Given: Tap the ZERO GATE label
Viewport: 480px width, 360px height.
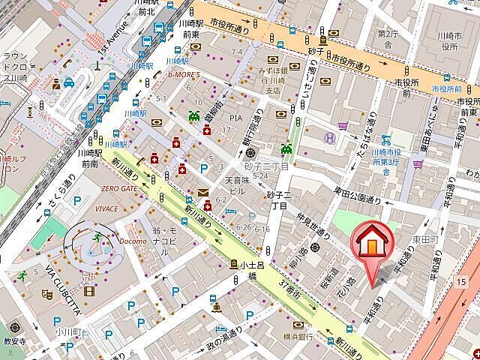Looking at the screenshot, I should pyautogui.click(x=119, y=189).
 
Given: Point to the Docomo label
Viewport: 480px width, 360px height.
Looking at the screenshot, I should pyautogui.click(x=132, y=241).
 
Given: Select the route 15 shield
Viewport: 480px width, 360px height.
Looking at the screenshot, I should pyautogui.click(x=459, y=281).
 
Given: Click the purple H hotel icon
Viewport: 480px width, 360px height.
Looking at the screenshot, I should pyautogui.click(x=328, y=137).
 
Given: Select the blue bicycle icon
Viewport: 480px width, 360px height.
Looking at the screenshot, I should pyautogui.click(x=386, y=139).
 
